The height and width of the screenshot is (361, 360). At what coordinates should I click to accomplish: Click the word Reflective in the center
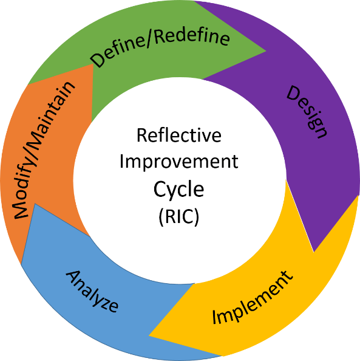179,135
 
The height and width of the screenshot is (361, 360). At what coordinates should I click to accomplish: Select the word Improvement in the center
179,162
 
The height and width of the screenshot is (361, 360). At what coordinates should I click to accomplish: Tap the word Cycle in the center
178,190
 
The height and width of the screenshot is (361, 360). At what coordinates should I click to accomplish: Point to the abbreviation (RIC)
178,216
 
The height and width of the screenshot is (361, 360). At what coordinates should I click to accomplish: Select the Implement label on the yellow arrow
253,298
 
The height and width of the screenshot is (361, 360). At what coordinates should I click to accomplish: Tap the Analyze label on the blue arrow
92,291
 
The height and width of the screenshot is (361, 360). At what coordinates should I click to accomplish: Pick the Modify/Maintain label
44,150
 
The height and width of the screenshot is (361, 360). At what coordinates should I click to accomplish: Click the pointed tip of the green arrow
266,51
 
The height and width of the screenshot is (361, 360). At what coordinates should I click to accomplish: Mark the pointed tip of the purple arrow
314,252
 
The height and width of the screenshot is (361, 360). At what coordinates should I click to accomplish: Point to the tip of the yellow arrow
149,335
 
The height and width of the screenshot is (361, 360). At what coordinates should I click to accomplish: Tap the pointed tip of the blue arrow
35,204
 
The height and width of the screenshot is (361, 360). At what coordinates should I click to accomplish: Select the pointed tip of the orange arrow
93,64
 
